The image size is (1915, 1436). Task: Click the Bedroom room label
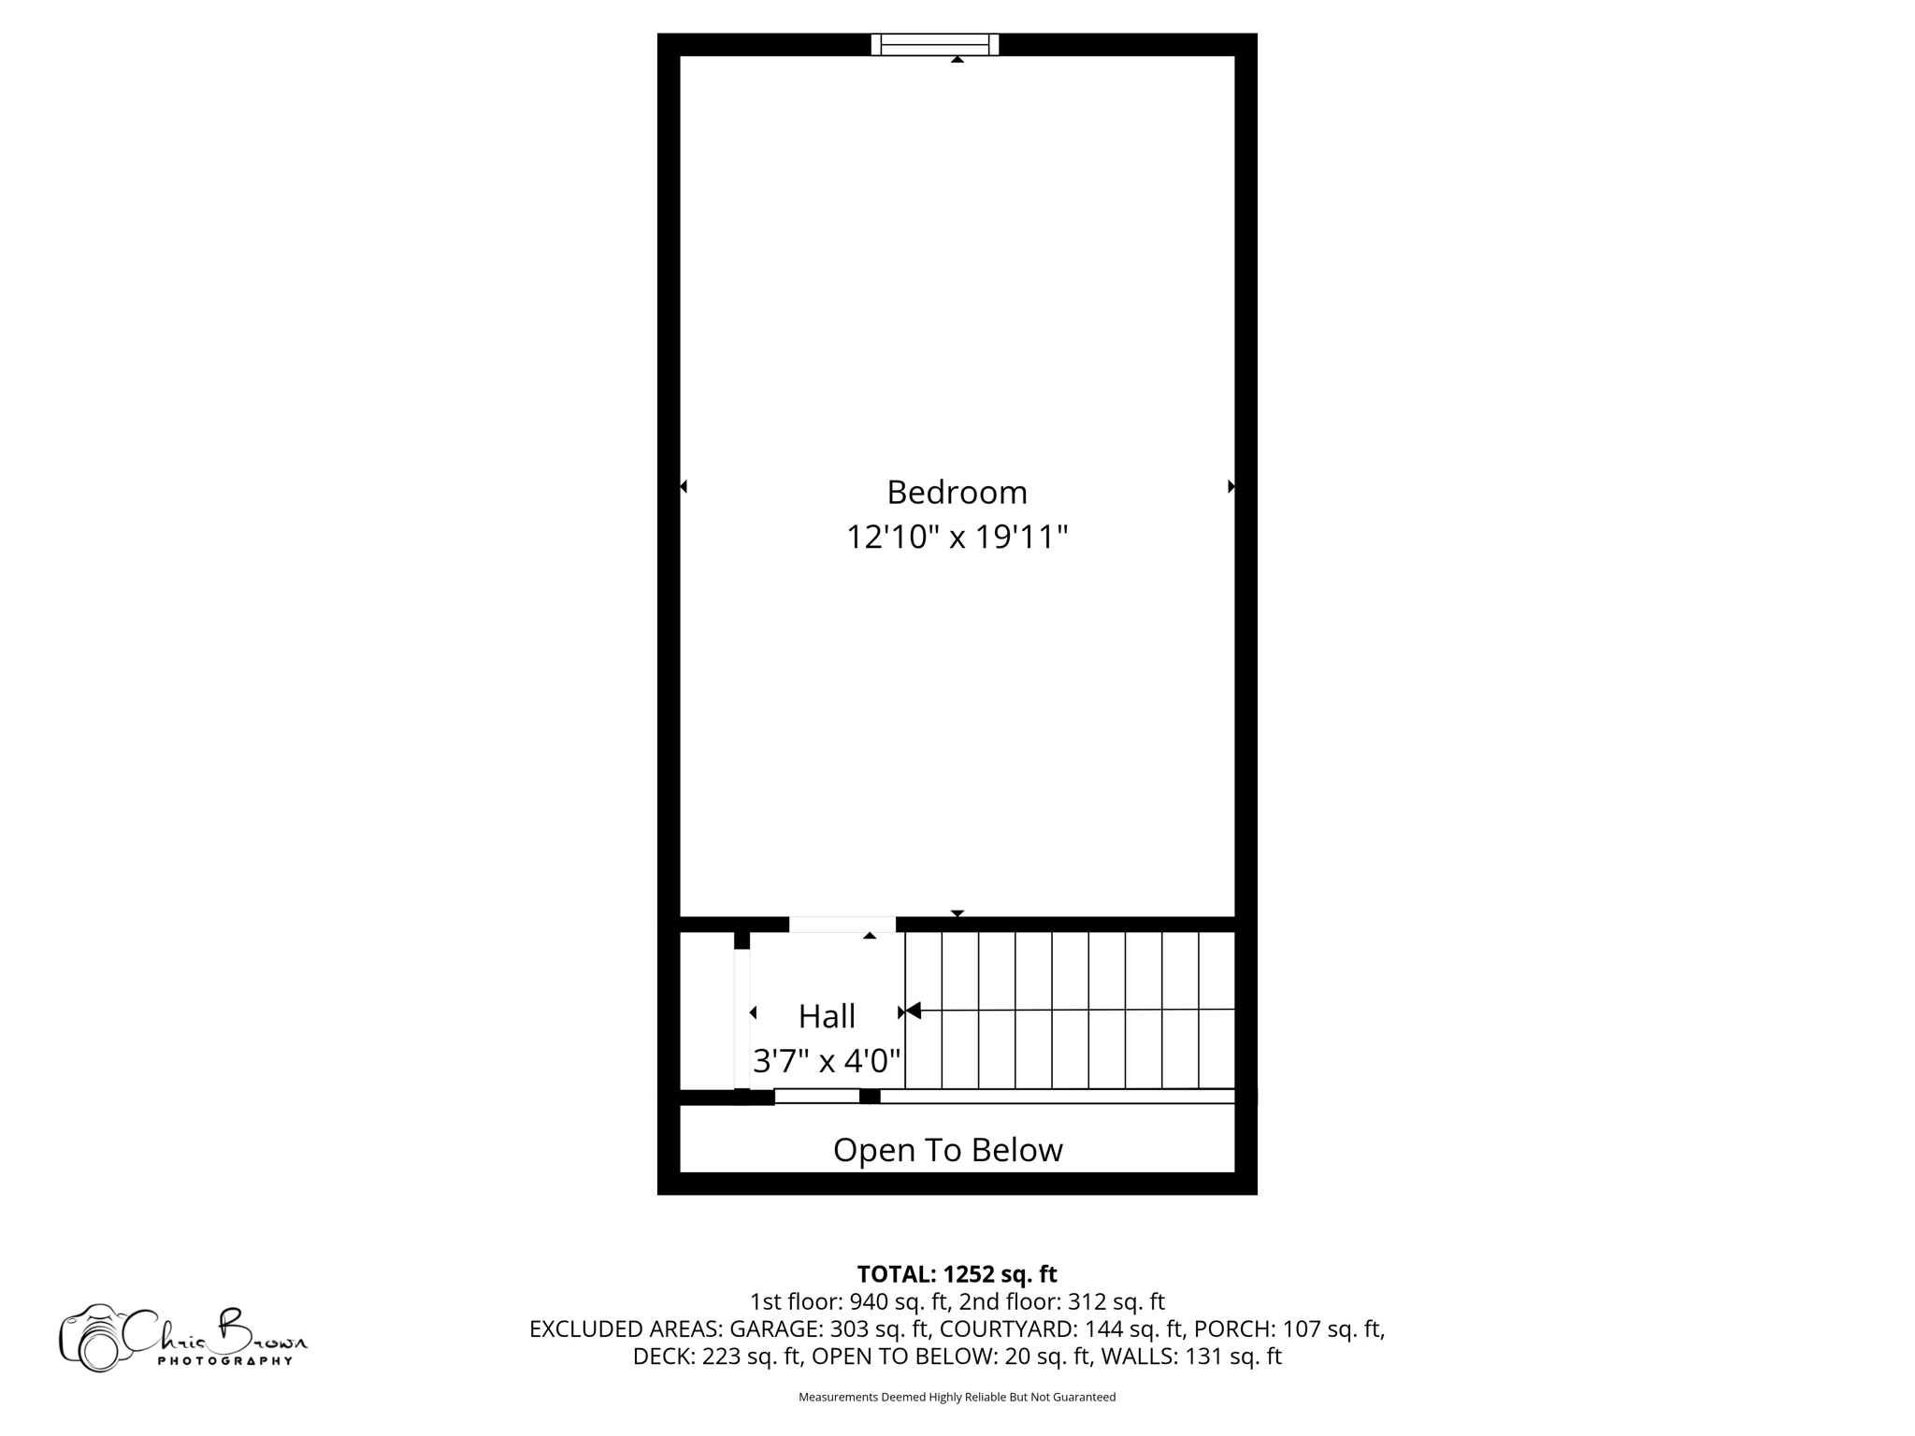957,492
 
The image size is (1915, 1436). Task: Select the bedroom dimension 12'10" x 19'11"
957,538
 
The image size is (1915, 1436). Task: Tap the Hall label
827,1016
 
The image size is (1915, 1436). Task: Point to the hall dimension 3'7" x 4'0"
827,1061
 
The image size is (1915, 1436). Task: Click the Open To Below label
947,1150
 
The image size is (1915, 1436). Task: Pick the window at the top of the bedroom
934,44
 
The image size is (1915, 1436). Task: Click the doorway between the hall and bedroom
842,925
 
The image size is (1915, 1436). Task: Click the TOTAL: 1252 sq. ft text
957,1274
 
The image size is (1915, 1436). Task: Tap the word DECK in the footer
662,1356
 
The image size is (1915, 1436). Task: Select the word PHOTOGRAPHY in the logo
224,1361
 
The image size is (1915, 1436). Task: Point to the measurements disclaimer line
957,1397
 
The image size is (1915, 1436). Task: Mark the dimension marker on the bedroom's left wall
684,486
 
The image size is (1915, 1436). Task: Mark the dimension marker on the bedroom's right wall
1231,486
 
